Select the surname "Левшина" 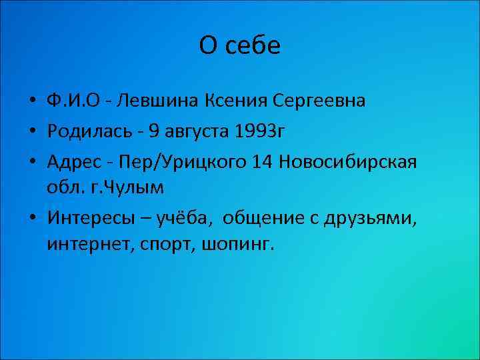click(160, 101)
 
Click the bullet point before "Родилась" click(32, 131)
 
